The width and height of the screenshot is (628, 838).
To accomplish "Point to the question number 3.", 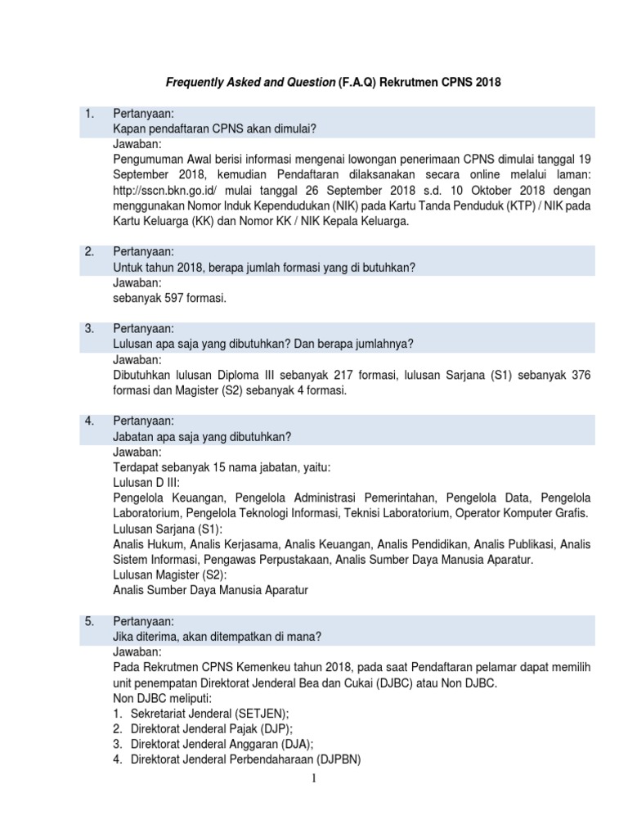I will point(90,328).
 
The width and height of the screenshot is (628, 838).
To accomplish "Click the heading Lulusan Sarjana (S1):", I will point(167,529).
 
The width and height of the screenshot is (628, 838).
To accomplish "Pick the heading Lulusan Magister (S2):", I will point(170,575).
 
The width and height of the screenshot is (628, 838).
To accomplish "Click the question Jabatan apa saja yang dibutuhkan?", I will point(201,437).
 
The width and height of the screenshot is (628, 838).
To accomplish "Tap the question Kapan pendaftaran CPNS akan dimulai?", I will point(214,128).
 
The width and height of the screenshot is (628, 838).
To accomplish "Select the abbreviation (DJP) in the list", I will point(274,729).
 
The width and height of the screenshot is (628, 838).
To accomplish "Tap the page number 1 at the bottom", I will point(313,778).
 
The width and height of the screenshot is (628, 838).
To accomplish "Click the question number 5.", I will point(90,621).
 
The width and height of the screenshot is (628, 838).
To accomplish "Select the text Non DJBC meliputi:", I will point(162,698).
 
